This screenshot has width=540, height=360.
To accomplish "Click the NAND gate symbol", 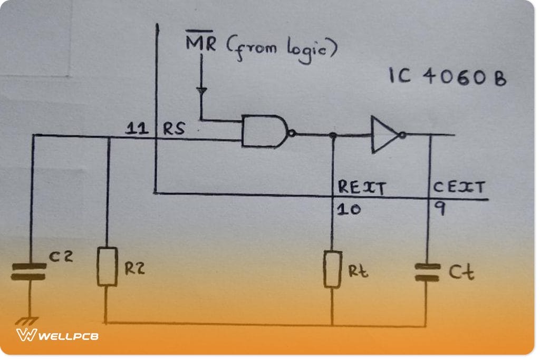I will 264,131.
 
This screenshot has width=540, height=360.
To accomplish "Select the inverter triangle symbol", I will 384,135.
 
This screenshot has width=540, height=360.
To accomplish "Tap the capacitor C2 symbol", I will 29,270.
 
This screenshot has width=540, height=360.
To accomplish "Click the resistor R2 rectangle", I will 107,266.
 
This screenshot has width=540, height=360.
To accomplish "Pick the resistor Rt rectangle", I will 332,269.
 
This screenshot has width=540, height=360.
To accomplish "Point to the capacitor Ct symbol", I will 427,272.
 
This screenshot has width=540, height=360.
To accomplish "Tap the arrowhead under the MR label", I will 201,91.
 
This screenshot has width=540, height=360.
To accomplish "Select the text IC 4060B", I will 447,77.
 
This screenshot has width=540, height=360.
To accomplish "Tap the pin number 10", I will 349,209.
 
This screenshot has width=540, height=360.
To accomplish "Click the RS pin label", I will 173,129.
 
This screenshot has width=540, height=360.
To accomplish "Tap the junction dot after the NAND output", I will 333,136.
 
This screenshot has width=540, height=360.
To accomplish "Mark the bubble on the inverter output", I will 402,135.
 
